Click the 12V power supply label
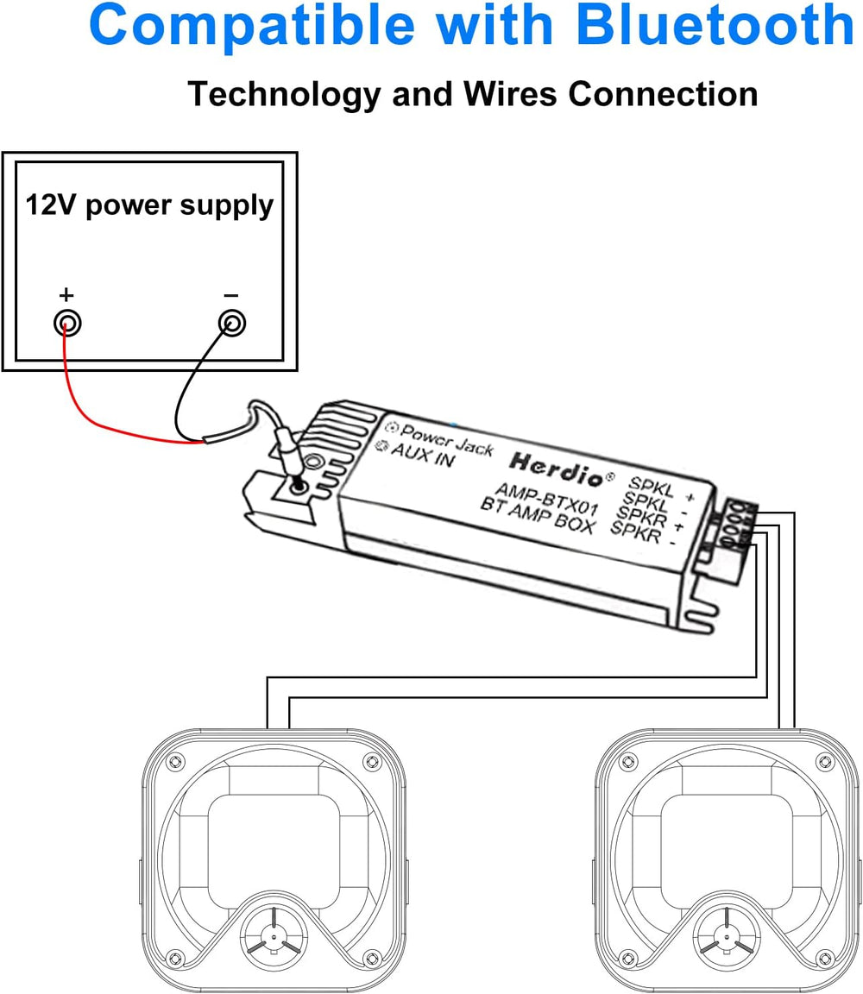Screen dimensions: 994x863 click(x=149, y=205)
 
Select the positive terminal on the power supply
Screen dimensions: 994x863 click(x=66, y=324)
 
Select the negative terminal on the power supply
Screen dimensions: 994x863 click(x=230, y=324)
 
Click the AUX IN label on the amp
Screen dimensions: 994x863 click(x=422, y=456)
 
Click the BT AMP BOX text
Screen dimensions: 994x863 click(x=537, y=513)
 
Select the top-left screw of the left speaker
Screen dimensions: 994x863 click(x=175, y=762)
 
